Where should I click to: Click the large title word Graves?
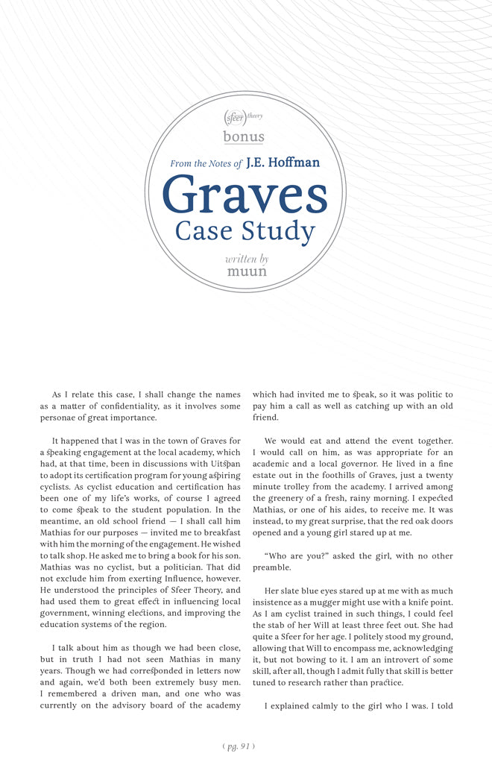click(x=245, y=195)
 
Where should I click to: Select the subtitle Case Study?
click(x=245, y=231)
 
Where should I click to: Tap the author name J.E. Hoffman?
click(x=283, y=163)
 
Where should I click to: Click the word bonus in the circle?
click(x=244, y=136)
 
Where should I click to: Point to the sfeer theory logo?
click(x=243, y=118)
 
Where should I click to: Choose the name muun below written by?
click(x=247, y=271)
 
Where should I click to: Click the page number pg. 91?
click(x=245, y=745)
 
